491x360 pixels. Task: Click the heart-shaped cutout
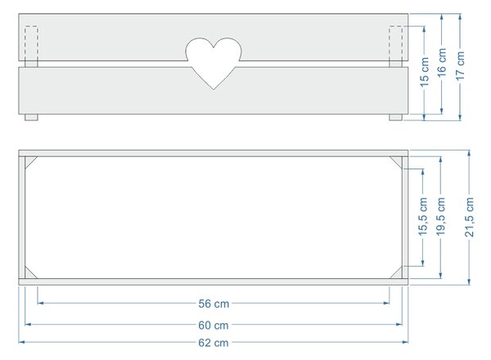[214, 63]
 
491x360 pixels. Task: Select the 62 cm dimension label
[214, 343]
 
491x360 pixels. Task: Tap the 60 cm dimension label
[214, 326]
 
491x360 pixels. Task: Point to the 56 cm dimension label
[214, 304]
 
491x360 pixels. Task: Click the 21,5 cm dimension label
[470, 217]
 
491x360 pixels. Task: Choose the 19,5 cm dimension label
[440, 217]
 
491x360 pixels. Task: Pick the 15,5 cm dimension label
[423, 217]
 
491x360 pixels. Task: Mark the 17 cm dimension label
[460, 65]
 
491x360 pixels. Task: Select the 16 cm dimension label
[442, 63]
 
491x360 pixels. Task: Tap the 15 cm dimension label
[424, 72]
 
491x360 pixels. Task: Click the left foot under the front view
[31, 117]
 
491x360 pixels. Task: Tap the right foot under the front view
[396, 117]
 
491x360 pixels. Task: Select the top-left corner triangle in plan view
[29, 160]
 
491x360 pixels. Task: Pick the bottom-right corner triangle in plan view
[399, 275]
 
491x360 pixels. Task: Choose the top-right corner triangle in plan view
[399, 160]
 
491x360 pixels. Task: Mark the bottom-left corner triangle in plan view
[29, 275]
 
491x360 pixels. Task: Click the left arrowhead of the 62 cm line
[21, 342]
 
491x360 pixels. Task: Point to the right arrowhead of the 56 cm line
[386, 303]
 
